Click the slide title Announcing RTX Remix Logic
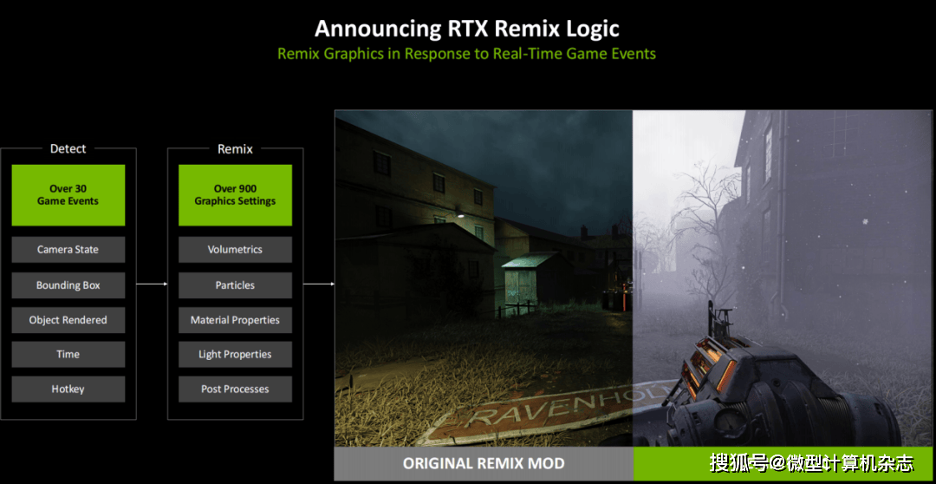pyautogui.click(x=467, y=28)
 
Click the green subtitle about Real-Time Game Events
pyautogui.click(x=467, y=54)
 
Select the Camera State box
pyautogui.click(x=68, y=250)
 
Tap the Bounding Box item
pyautogui.click(x=68, y=285)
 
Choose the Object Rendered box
pyautogui.click(x=68, y=320)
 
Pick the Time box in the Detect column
pyautogui.click(x=68, y=355)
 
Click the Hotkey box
pyautogui.click(x=68, y=389)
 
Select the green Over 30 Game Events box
pyautogui.click(x=68, y=195)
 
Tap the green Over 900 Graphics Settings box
pyautogui.click(x=235, y=195)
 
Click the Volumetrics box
pyautogui.click(x=235, y=250)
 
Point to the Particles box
pyautogui.click(x=235, y=285)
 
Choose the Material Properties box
pyautogui.click(x=235, y=320)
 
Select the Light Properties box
pyautogui.click(x=235, y=355)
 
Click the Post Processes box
pyautogui.click(x=235, y=389)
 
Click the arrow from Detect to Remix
pyautogui.click(x=153, y=285)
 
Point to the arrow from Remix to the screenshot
pyautogui.click(x=319, y=285)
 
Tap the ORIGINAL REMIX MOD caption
pyautogui.click(x=484, y=463)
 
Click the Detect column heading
pyautogui.click(x=68, y=148)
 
